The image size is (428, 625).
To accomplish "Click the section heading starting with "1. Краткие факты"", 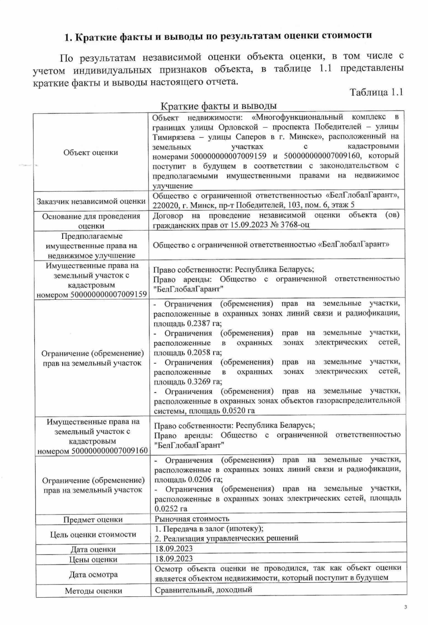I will pos(218,36).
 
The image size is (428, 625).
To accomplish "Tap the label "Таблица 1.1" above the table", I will pos(376,92).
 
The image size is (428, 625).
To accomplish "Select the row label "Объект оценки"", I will pos(90,152).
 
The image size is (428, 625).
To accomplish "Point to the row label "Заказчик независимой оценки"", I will pos(91,201).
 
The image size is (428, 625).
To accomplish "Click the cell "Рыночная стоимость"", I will pos(192,519).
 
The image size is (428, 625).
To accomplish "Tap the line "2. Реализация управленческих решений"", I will pos(226,538).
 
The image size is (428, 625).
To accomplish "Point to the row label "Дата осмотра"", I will pos(93,575).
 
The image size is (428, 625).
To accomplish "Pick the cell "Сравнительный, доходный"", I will pos(203,590).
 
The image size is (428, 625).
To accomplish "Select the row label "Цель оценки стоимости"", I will pos(93,534).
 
